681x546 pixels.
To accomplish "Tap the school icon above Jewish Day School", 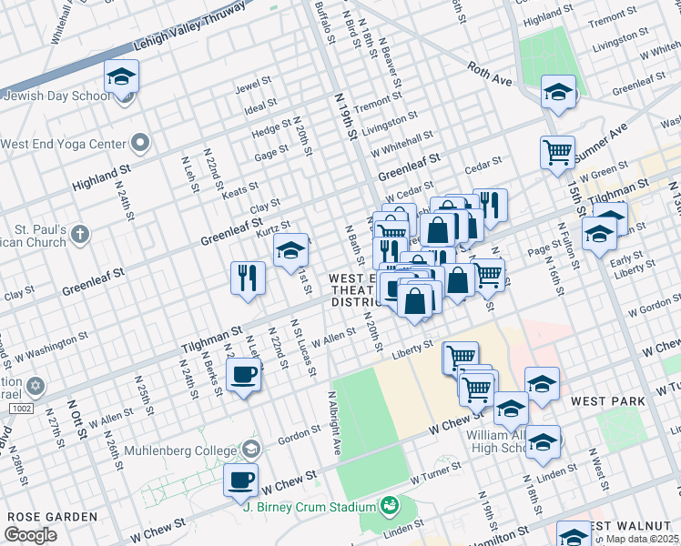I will coord(120,78).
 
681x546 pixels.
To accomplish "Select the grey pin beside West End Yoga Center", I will coord(139,143).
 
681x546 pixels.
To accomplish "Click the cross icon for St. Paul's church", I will coord(80,234).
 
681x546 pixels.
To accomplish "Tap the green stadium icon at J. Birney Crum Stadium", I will coord(390,504).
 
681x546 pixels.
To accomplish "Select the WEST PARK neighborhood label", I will coord(608,400).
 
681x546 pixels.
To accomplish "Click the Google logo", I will coord(31,534).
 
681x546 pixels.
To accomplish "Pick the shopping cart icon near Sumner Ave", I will coord(556,152).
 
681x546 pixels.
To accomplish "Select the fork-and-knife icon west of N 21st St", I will coord(247,278).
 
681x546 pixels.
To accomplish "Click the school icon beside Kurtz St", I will coord(291,250).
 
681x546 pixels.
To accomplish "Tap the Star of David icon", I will coord(36,387).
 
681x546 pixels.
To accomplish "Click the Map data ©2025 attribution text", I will coord(642,539).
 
